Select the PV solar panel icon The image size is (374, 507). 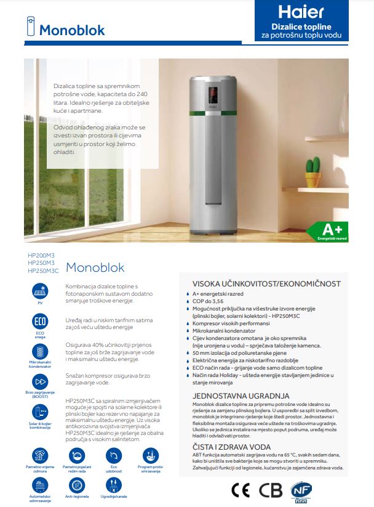click(40, 290)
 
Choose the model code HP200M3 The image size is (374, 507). click(41, 255)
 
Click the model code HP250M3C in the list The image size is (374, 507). click(43, 270)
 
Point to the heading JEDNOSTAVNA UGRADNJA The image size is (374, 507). click(233, 395)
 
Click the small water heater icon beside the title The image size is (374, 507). click(29, 29)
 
